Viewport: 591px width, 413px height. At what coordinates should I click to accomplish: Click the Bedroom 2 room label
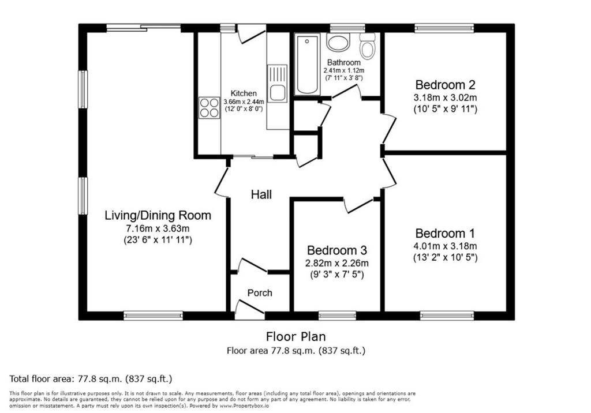(x=445, y=84)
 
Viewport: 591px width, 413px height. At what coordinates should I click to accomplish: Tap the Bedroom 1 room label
(x=445, y=233)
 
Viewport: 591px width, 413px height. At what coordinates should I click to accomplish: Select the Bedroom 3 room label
(x=337, y=250)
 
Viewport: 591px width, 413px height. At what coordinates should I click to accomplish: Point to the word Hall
(x=261, y=194)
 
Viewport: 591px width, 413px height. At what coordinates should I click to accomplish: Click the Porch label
(x=260, y=293)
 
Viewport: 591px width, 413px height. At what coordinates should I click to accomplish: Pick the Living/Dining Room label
(x=158, y=215)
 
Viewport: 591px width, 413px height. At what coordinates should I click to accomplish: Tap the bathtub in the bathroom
(x=307, y=64)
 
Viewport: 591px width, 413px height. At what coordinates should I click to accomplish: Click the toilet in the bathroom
(x=367, y=46)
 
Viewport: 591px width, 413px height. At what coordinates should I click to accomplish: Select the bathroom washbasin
(x=338, y=43)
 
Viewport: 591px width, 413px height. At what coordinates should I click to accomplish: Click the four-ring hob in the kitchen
(x=209, y=108)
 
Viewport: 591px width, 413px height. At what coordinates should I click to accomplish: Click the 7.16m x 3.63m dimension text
(x=158, y=228)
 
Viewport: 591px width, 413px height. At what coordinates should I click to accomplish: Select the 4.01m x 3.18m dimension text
(x=445, y=246)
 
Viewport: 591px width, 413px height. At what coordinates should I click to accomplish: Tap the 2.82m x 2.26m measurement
(x=337, y=263)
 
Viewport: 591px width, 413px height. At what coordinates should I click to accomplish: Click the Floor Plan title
(x=296, y=336)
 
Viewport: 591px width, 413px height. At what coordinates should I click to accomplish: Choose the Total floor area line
(x=91, y=378)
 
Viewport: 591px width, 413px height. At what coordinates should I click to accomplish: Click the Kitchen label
(x=244, y=93)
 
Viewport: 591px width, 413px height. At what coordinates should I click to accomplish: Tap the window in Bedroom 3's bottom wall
(x=337, y=316)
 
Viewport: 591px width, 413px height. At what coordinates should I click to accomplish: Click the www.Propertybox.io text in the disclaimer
(x=244, y=406)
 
